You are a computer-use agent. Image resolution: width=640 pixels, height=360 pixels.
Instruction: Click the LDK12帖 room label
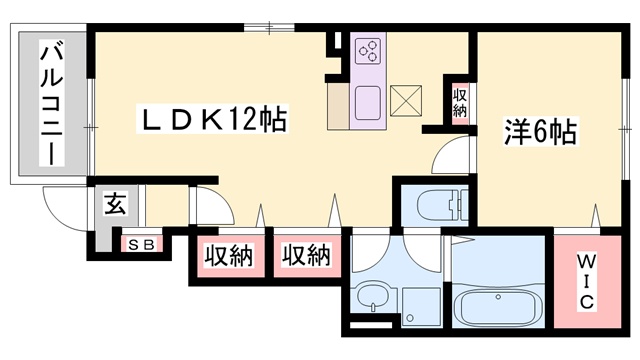pyautogui.click(x=212, y=119)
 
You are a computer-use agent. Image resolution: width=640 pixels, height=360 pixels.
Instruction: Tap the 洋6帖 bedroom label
pyautogui.click(x=540, y=131)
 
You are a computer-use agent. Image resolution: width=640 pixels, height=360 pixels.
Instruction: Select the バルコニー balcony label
pyautogui.click(x=51, y=103)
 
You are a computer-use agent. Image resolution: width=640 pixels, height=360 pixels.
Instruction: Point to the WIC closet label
pyautogui.click(x=587, y=281)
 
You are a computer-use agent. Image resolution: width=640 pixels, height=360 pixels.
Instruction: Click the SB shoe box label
pyautogui.click(x=141, y=244)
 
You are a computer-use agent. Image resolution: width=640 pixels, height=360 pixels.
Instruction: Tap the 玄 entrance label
pyautogui.click(x=115, y=203)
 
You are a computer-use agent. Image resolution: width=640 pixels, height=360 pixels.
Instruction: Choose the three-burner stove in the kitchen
pyautogui.click(x=368, y=51)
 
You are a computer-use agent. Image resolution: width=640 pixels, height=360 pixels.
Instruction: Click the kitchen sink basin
pyautogui.click(x=368, y=103)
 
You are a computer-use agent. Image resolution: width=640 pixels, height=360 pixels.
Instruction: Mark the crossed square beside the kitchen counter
pyautogui.click(x=406, y=100)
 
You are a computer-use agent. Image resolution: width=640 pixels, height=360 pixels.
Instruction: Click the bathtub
pyautogui.click(x=498, y=308)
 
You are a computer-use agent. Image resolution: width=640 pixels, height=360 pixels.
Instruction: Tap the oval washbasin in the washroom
pyautogui.click(x=373, y=297)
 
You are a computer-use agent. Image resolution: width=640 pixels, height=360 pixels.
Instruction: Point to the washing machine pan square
pyautogui.click(x=421, y=307)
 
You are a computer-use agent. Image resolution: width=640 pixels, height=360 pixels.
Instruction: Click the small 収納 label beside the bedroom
pyautogui.click(x=460, y=104)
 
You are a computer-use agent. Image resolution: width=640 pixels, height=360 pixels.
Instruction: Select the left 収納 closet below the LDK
pyautogui.click(x=229, y=256)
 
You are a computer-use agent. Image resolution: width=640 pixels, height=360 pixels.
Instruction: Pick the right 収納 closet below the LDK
pyautogui.click(x=307, y=256)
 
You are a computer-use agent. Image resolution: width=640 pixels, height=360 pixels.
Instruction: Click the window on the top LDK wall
pyautogui.click(x=269, y=28)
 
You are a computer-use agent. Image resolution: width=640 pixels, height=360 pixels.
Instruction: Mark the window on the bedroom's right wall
pyautogui.click(x=625, y=129)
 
